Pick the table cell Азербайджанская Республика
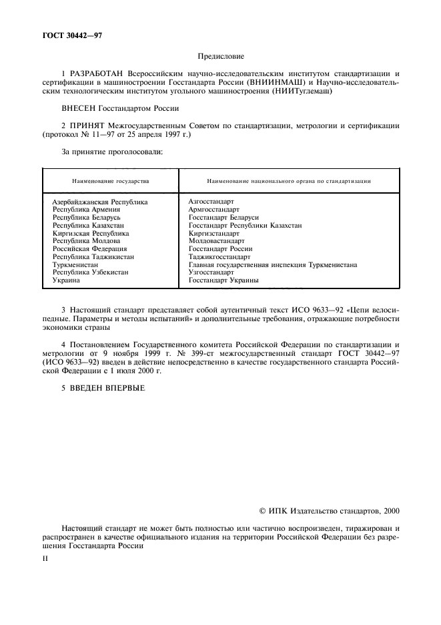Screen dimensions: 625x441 [99, 201]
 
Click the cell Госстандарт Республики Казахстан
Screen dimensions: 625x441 [245, 225]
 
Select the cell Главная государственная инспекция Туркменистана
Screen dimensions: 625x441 [272, 265]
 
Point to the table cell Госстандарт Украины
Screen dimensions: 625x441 [224, 281]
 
